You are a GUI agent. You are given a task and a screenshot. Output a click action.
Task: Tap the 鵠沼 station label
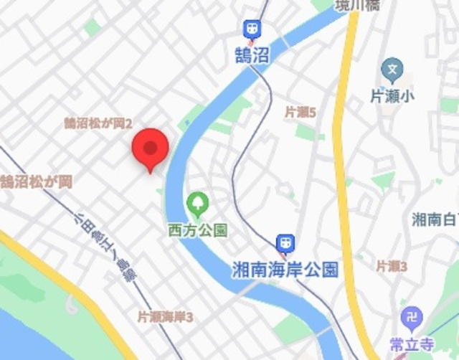click(252, 55)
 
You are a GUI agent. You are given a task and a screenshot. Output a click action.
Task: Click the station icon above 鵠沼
click(252, 29)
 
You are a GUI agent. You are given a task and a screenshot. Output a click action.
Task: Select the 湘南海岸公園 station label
click(285, 269)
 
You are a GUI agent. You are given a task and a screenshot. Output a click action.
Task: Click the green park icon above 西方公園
click(197, 204)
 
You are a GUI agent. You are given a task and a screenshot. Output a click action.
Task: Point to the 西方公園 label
click(197, 230)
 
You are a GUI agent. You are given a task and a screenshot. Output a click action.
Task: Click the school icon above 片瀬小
click(392, 70)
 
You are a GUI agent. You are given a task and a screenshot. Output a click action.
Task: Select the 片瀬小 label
click(392, 95)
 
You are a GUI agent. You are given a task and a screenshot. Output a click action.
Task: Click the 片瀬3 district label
click(392, 266)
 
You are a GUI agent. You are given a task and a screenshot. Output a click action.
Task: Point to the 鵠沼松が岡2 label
click(98, 123)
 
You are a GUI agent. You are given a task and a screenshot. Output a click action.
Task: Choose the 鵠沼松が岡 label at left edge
click(36, 181)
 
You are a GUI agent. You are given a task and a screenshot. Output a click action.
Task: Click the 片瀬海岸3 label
click(166, 316)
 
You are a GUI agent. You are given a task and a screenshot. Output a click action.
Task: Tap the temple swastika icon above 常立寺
click(412, 316)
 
